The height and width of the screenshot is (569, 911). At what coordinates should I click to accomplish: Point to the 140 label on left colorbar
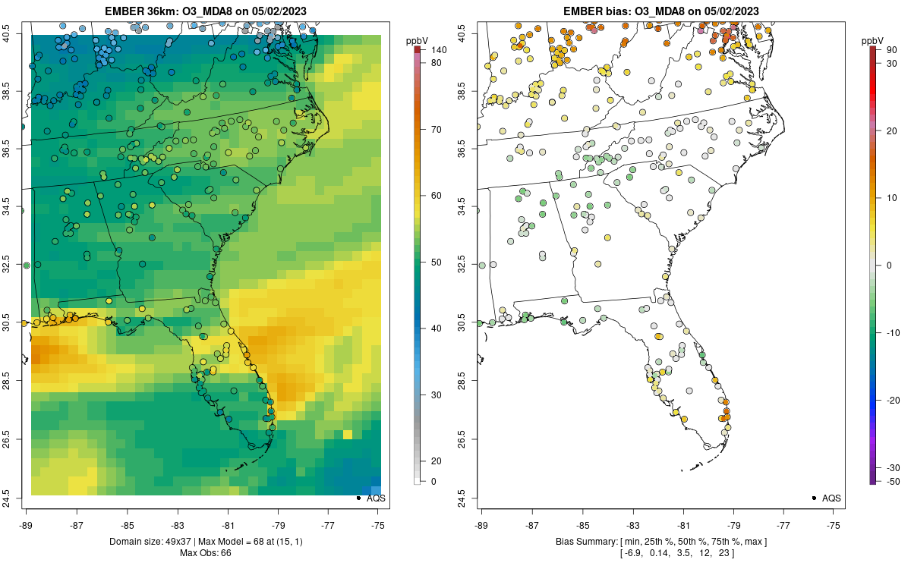tap(439, 50)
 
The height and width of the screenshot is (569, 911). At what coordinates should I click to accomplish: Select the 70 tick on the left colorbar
tap(437, 130)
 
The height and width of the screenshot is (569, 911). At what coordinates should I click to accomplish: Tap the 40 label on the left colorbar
tap(437, 329)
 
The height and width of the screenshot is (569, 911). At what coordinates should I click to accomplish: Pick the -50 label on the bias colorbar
tap(893, 482)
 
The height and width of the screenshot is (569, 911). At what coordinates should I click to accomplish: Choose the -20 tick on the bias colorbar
tap(893, 400)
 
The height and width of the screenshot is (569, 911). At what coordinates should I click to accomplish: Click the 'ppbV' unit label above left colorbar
tap(417, 39)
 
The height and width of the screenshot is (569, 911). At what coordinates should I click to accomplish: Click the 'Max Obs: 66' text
tap(205, 553)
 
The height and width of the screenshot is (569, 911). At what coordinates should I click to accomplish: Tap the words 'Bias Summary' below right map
tap(586, 541)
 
